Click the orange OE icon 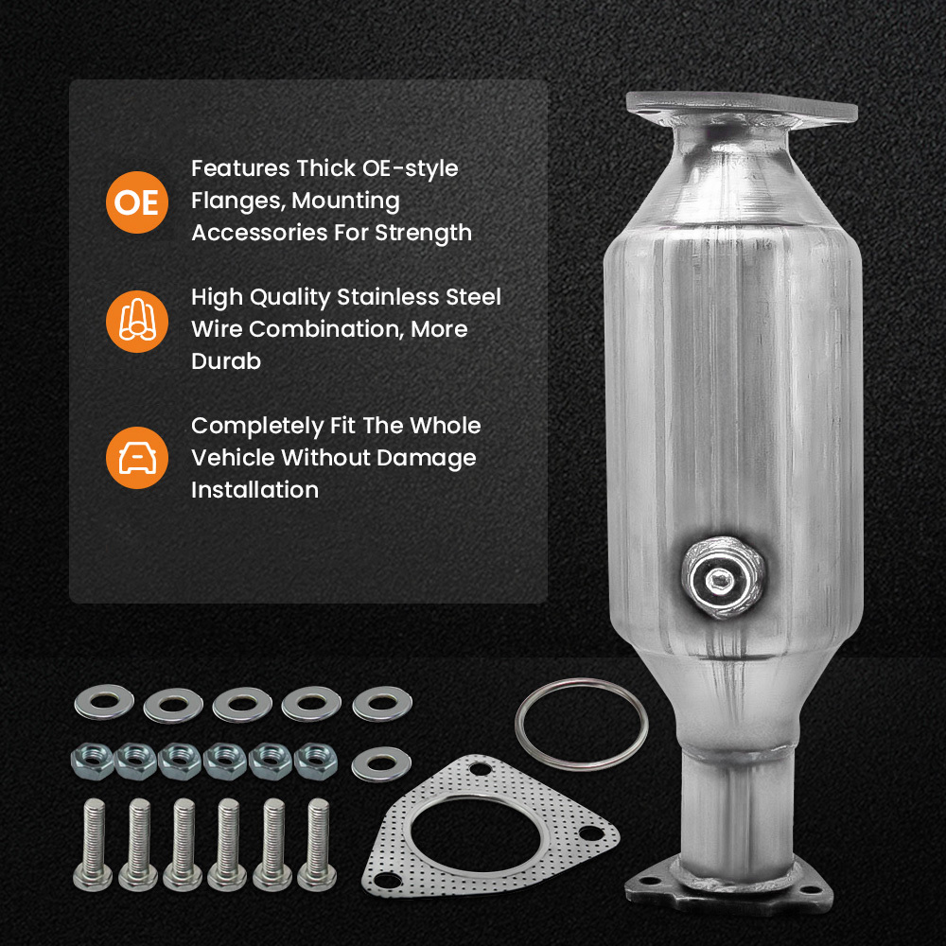point(137,201)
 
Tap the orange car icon point(137,458)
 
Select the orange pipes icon point(137,322)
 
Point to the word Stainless point(393,297)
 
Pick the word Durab point(225,361)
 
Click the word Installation point(254,490)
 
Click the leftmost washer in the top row point(98,701)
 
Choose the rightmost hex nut point(315,760)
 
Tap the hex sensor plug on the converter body point(719,575)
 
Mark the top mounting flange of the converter point(742,107)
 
